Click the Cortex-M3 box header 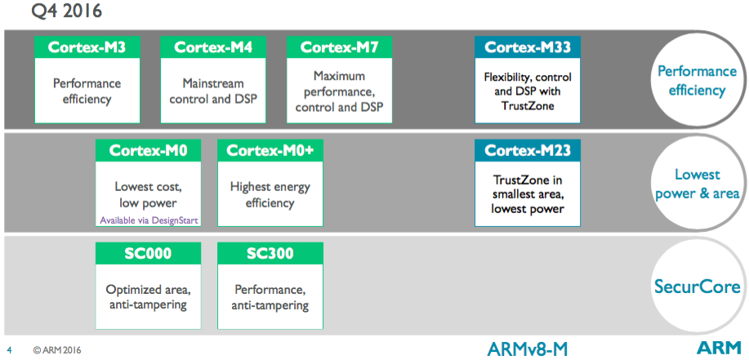(x=87, y=47)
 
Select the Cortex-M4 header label (x=213, y=47)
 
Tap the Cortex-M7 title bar (x=339, y=47)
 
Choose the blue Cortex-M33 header (x=528, y=47)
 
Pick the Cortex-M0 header (x=148, y=150)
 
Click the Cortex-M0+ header (x=270, y=150)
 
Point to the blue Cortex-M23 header (x=528, y=150)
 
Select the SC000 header (x=148, y=253)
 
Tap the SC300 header (x=270, y=253)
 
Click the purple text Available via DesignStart (x=148, y=220)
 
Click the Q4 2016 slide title (x=66, y=11)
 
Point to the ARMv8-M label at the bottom (x=528, y=349)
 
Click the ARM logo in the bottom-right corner (x=719, y=348)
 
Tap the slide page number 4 (x=10, y=350)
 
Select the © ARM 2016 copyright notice (x=54, y=350)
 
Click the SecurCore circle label (x=698, y=287)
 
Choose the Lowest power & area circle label (x=698, y=184)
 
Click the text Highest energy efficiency (x=270, y=195)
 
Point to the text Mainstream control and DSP (x=213, y=91)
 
